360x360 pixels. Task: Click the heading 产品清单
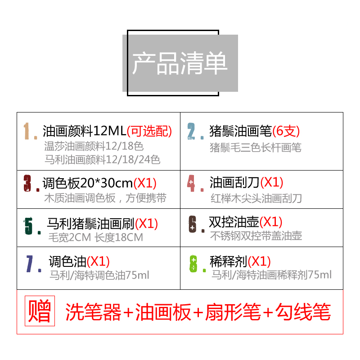(180, 63)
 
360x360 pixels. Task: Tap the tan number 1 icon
(30, 131)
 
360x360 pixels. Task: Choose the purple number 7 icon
(31, 264)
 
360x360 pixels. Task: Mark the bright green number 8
(193, 264)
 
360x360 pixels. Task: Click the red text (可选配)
(150, 131)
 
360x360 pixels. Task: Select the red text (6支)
(286, 131)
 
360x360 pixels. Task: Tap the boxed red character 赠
(40, 311)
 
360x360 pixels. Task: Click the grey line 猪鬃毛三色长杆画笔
(256, 147)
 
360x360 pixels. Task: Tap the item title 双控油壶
(234, 221)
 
